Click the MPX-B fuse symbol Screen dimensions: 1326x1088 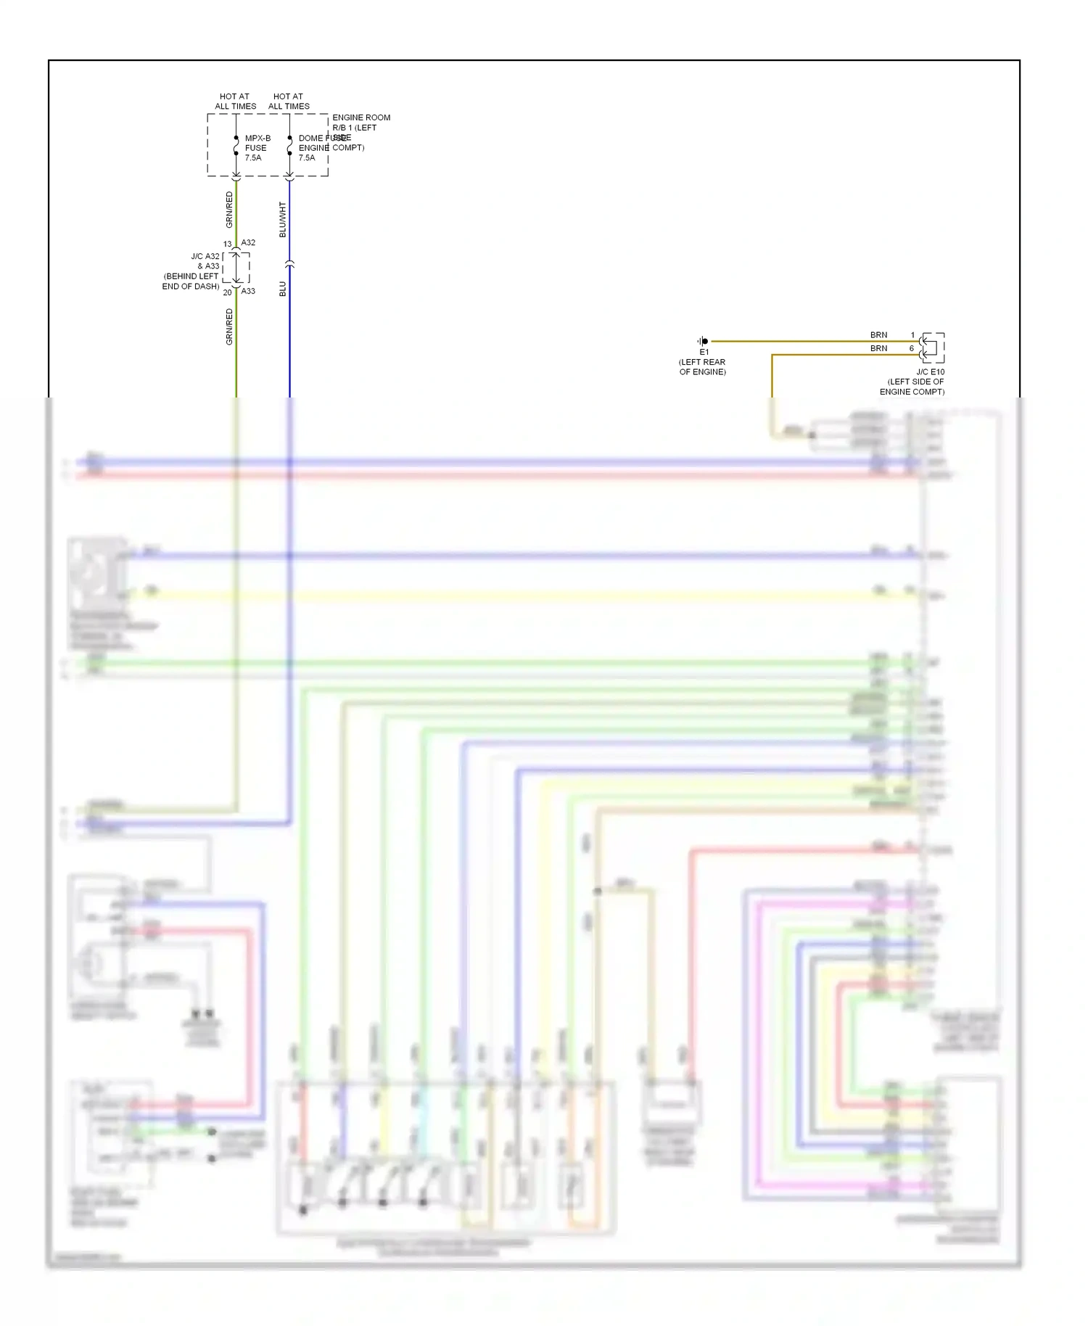(x=236, y=146)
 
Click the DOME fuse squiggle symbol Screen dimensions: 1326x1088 (x=289, y=146)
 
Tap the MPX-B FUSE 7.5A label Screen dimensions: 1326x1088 (x=257, y=148)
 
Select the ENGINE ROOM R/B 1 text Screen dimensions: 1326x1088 (x=360, y=123)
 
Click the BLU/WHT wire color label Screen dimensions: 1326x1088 (x=283, y=220)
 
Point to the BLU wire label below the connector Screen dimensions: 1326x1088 (x=283, y=289)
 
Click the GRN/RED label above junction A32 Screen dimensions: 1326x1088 (x=229, y=209)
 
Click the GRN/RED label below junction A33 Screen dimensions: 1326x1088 (x=229, y=326)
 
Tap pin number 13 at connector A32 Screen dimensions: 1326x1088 (x=227, y=244)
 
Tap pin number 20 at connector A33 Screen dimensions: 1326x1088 (x=227, y=293)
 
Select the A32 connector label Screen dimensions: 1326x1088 (x=248, y=242)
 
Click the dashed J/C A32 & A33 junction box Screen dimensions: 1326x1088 (x=236, y=268)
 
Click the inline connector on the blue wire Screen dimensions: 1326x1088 (x=289, y=264)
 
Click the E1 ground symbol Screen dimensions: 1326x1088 (x=703, y=341)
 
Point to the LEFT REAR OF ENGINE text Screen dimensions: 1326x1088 (x=702, y=367)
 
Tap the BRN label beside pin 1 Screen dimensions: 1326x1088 (x=878, y=335)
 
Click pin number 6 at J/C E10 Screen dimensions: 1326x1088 (x=912, y=349)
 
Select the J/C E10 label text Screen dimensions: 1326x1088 (x=930, y=372)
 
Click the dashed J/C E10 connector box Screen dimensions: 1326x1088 (x=933, y=347)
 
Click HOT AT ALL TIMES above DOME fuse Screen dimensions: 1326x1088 (x=289, y=102)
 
